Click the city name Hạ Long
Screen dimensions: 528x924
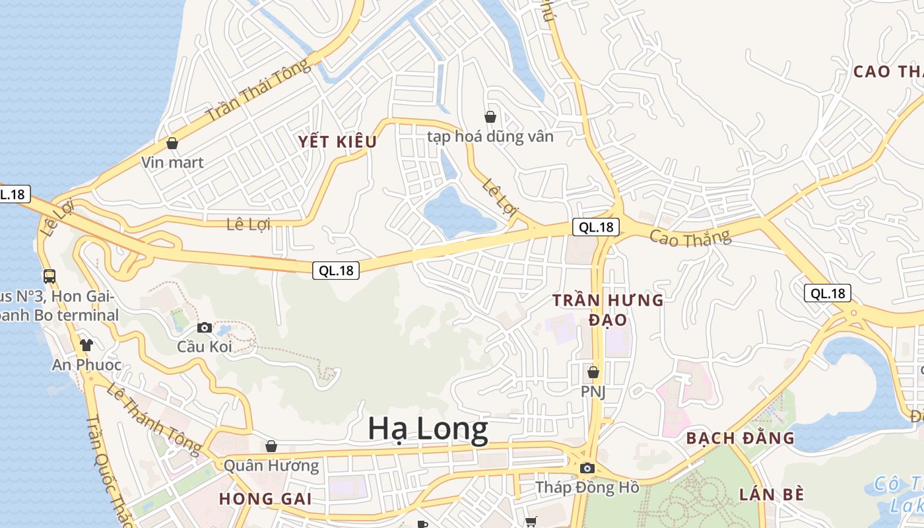click(428, 429)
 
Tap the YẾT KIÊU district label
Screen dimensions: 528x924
click(337, 142)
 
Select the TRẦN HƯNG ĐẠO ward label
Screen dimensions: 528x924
click(608, 310)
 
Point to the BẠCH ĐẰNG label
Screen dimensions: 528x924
click(740, 438)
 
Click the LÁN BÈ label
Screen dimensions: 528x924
click(772, 494)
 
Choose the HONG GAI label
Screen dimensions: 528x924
click(265, 498)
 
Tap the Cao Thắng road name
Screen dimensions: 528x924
click(690, 237)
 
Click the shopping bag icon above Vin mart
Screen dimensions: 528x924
click(172, 143)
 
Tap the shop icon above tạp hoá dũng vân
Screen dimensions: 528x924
click(490, 117)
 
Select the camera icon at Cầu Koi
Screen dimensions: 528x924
click(205, 327)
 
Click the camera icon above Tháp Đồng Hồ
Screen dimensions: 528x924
click(587, 469)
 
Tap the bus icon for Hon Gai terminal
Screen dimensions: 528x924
click(49, 276)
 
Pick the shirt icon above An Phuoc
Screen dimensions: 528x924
click(86, 345)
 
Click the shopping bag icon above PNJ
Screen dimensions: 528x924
click(593, 372)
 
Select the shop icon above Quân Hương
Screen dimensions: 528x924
click(271, 447)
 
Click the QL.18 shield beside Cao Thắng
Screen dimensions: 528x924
click(596, 227)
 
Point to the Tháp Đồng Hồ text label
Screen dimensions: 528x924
click(587, 488)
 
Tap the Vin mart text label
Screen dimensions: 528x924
click(172, 162)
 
